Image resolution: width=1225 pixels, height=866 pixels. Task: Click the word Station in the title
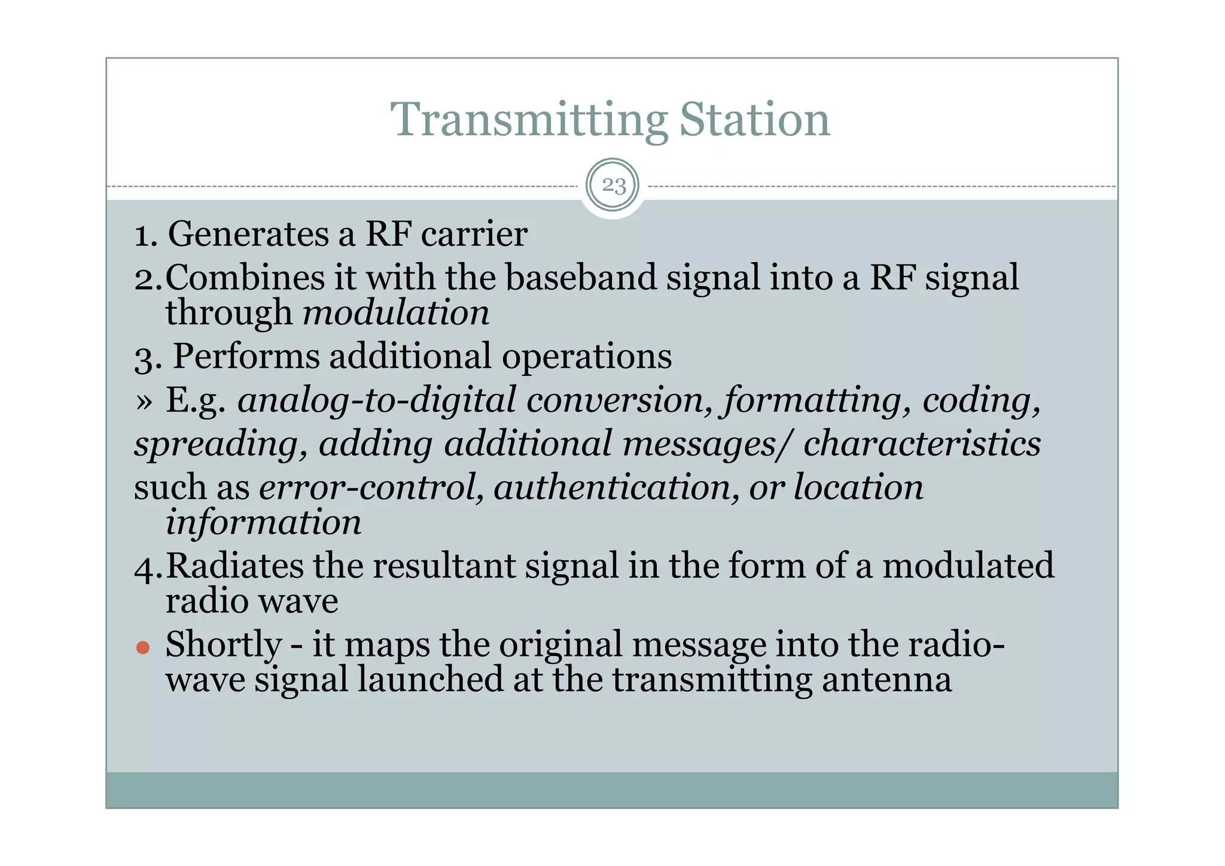coord(754,120)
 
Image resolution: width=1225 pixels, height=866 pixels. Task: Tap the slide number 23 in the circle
coord(612,186)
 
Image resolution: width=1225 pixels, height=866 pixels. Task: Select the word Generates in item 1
coord(248,234)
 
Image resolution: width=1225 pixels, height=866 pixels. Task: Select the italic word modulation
coord(396,313)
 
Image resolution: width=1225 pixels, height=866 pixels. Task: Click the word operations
coord(586,357)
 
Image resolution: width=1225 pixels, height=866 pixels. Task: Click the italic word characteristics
coord(922,444)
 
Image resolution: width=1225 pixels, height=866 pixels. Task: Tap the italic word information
coord(263,522)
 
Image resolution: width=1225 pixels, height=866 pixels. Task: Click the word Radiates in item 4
coord(234,566)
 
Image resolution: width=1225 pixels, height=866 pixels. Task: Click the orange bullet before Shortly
coord(142,648)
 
